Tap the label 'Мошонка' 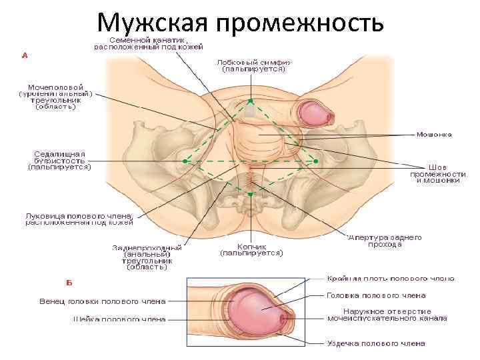tap(434, 134)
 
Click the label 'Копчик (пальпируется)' tap(252, 249)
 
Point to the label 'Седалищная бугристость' tap(59, 161)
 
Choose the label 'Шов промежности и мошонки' tap(437, 173)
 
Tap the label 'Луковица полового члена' tap(79, 220)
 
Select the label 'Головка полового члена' tap(376, 295)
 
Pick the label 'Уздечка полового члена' tap(376, 344)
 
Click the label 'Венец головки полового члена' tap(102, 301)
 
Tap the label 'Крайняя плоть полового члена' tap(391, 279)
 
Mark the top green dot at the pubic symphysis tap(251, 101)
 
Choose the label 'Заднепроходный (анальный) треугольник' tap(148, 257)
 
